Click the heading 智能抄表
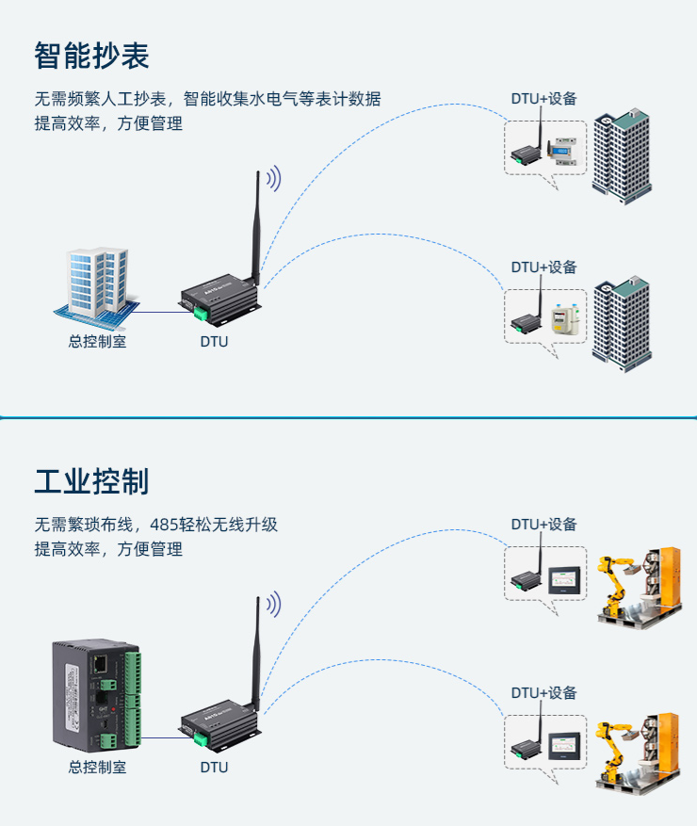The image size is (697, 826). point(91,56)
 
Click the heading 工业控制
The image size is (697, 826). point(91,481)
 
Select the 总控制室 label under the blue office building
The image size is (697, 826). point(97,341)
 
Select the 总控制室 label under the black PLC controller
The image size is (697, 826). point(97,767)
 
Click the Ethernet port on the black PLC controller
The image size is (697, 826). point(99,663)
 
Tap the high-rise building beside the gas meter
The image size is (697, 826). point(622,320)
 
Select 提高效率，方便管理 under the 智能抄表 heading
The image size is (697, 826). point(108,123)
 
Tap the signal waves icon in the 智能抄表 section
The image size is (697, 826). point(273,178)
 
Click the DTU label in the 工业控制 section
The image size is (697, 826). point(214,767)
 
